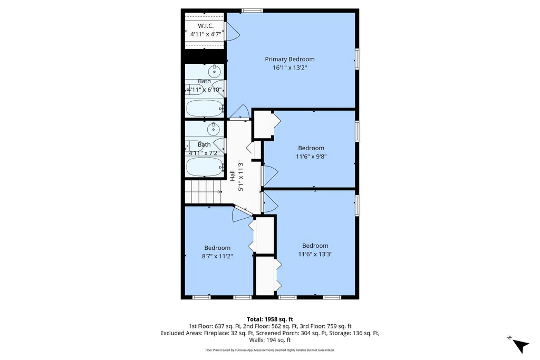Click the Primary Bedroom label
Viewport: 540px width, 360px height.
(290, 59)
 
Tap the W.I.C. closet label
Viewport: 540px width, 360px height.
(206, 26)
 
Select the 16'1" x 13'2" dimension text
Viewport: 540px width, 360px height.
(290, 67)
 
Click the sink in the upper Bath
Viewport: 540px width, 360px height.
(214, 72)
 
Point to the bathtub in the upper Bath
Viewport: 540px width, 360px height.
(205, 109)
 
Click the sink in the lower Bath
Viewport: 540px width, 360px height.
(214, 129)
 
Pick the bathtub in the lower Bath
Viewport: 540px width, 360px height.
(205, 167)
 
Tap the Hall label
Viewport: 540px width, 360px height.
(233, 176)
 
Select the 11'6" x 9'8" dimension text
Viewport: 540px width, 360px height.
(311, 156)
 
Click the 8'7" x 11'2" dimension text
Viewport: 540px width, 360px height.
(217, 256)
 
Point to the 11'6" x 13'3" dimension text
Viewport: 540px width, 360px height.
(315, 254)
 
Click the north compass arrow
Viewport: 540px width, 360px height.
(520, 345)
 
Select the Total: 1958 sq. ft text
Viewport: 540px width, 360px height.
(270, 319)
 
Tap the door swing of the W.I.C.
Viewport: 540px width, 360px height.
(233, 31)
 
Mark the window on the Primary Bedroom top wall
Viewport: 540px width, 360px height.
(252, 11)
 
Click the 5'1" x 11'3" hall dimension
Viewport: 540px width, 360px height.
(240, 176)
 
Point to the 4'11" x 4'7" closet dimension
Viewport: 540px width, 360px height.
(206, 34)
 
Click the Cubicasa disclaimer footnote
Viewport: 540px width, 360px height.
(270, 350)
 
